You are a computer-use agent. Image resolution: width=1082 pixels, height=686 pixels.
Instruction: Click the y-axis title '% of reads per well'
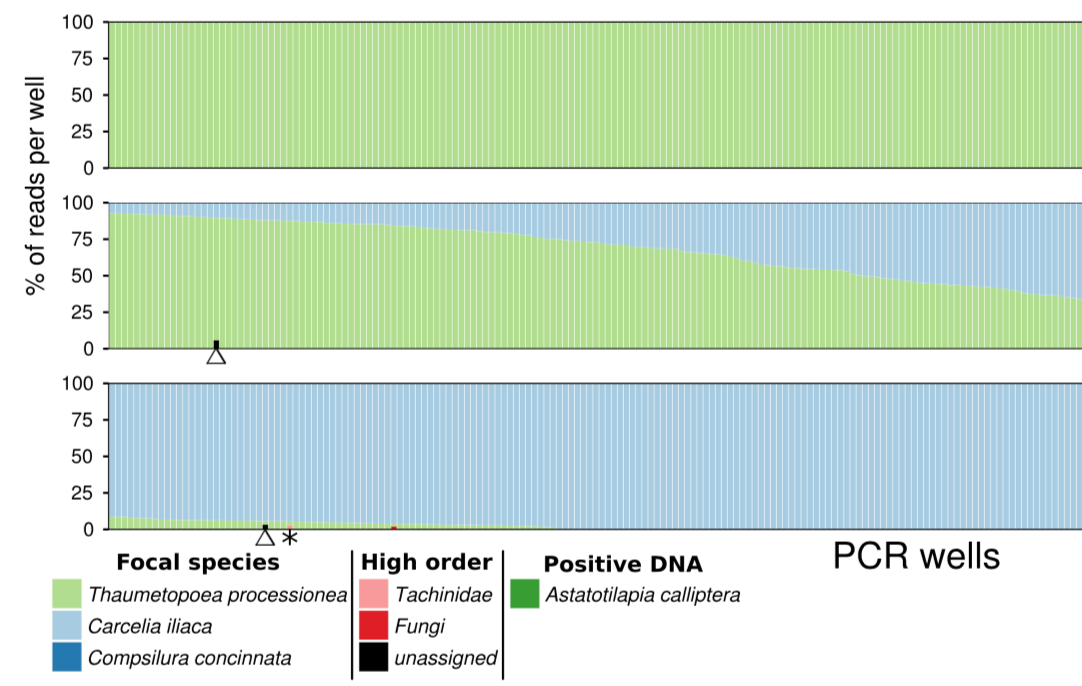point(38,185)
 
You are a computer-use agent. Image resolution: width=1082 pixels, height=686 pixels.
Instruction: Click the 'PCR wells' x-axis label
point(916,556)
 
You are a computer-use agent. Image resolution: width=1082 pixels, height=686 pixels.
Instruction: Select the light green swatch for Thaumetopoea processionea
point(67,595)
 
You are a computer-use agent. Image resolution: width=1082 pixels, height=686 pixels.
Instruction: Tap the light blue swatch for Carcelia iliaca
point(67,627)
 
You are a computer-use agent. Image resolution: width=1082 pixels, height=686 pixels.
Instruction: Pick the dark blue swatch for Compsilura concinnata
point(67,658)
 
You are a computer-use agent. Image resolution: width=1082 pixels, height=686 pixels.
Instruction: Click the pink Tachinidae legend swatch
point(374,595)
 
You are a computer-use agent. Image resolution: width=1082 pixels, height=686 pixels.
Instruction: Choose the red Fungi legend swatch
point(374,627)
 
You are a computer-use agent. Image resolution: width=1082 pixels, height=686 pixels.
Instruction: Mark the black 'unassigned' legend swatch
point(374,658)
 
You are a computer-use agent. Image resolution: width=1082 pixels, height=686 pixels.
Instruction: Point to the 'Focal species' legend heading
point(198,562)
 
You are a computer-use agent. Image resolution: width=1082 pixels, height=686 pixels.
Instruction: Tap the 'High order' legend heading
point(426,562)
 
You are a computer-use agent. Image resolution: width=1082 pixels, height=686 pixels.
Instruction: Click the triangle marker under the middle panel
point(216,355)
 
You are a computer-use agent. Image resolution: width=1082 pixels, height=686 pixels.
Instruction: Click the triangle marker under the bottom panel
point(265,537)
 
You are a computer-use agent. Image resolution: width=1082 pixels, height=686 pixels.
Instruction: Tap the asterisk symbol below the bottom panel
point(290,538)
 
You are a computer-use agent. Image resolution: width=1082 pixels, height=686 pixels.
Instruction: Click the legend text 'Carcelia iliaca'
point(149,627)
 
